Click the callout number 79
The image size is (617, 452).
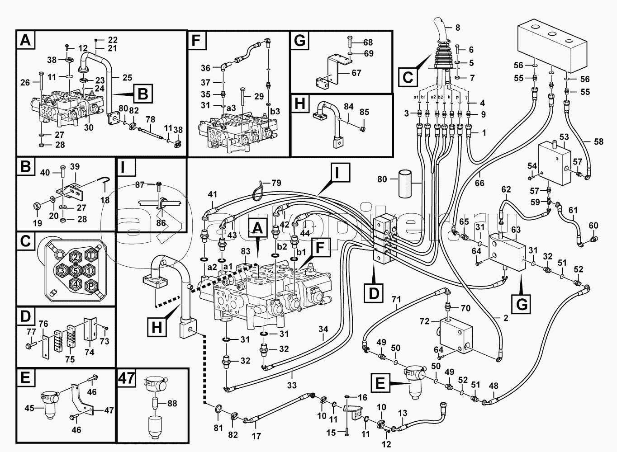pos(276,183)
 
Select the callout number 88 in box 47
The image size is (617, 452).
pos(172,403)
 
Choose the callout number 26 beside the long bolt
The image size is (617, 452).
pos(25,82)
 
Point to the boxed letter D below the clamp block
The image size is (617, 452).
pos(374,294)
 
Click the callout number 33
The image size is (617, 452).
pos(292,385)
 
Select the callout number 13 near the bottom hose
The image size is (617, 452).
pos(403,413)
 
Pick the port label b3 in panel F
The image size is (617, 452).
pos(275,111)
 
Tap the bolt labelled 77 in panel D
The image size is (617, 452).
pos(29,344)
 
